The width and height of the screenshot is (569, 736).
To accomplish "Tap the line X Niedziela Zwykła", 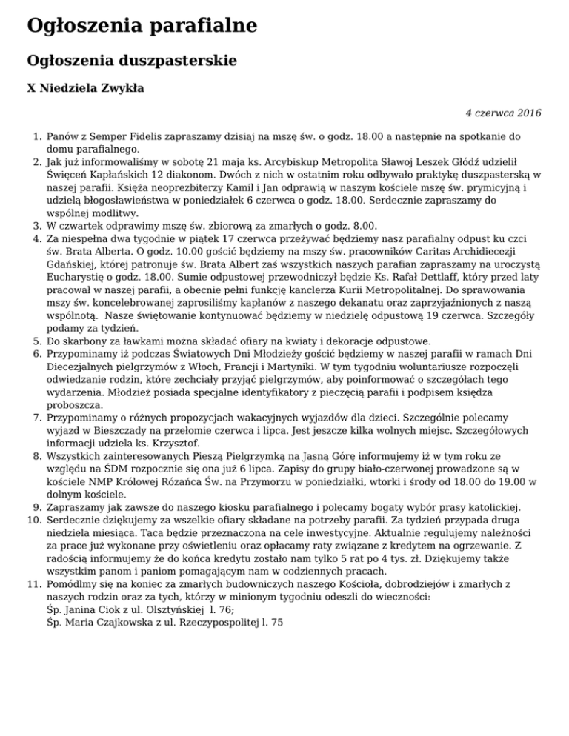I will (85, 89).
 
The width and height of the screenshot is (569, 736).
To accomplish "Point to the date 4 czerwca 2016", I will (503, 113).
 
